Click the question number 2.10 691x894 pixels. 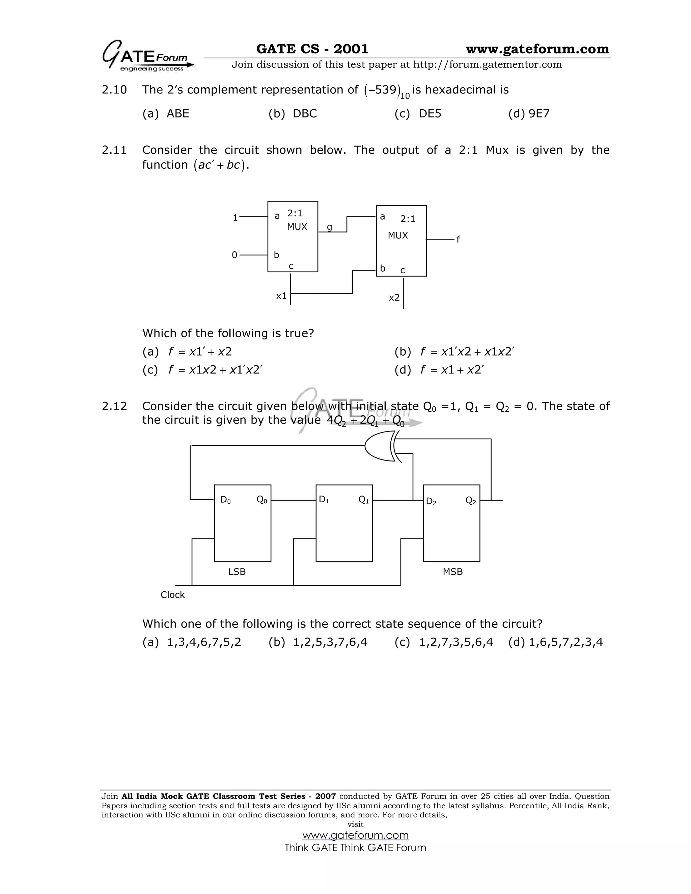pos(114,90)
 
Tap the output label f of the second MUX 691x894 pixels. pos(458,240)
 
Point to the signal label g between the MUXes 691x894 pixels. pos(329,227)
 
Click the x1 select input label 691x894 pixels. pos(281,296)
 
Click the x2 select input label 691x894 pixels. pos(394,298)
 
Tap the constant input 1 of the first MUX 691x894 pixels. pos(235,218)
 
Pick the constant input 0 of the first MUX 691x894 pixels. pos(234,255)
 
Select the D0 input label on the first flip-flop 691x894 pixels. pos(225,500)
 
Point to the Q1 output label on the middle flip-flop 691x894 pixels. pos(363,500)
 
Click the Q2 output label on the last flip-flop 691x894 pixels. pos(471,501)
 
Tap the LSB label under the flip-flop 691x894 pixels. pos(237,572)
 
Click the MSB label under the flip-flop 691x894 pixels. pos(452,572)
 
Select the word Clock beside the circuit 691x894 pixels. pos(172,595)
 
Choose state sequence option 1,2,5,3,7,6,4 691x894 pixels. pos(330,642)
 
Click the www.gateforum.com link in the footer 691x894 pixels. pos(355,835)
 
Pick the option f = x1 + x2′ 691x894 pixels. pos(451,370)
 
